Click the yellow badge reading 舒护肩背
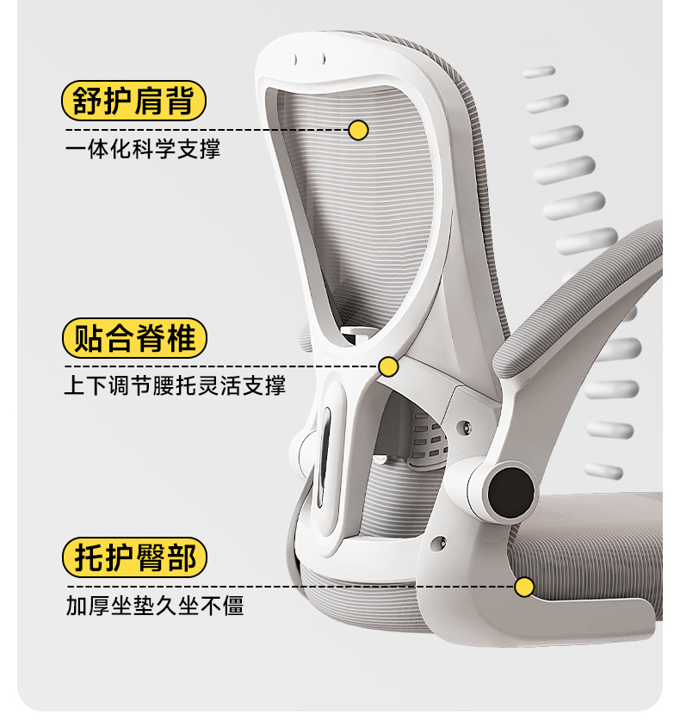pyautogui.click(x=134, y=101)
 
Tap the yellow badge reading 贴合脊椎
pyautogui.click(x=134, y=338)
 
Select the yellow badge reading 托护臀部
pyautogui.click(x=134, y=558)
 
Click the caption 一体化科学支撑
pyautogui.click(x=143, y=149)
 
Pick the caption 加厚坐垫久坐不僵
pyautogui.click(x=155, y=606)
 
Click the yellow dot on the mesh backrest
pyautogui.click(x=358, y=130)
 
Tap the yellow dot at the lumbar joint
pyautogui.click(x=388, y=367)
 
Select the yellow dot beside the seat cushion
pyautogui.click(x=523, y=587)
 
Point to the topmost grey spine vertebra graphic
pyautogui.click(x=539, y=72)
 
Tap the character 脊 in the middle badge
pyautogui.click(x=152, y=338)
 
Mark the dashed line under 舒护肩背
pyautogui.click(x=207, y=130)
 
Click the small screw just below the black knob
pyautogui.click(x=442, y=543)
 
